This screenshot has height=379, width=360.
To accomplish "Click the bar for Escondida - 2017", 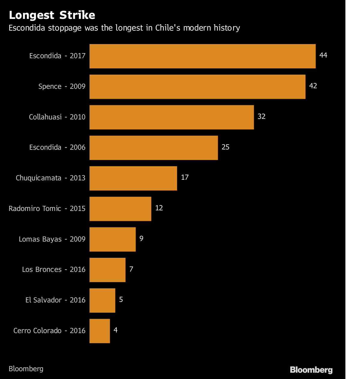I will [x=202, y=56].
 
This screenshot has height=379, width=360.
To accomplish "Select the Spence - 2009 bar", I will [x=197, y=87].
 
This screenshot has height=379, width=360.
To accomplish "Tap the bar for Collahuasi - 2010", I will [x=172, y=117].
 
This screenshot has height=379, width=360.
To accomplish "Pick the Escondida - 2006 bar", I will [x=154, y=148].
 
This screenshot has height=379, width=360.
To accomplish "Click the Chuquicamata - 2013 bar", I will [x=133, y=178].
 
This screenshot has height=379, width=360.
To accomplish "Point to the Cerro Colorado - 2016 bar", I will [x=100, y=331].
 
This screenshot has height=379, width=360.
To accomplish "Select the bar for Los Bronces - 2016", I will [x=107, y=270].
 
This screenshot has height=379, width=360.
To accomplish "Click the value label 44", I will [x=323, y=55].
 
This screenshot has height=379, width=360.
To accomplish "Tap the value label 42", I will [x=313, y=86].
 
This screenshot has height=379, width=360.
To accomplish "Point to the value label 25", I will [x=225, y=147].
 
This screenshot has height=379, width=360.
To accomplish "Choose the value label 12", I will [x=159, y=208].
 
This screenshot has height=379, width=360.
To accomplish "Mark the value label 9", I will [x=141, y=239].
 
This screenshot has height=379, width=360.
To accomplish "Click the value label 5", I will [x=121, y=299].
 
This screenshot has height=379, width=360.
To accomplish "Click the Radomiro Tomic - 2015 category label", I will [x=47, y=209].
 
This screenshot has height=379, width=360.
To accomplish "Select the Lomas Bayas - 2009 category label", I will [x=52, y=239].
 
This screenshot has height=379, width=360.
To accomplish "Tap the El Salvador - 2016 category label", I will [x=55, y=300].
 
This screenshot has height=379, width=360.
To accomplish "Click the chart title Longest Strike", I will [x=52, y=15].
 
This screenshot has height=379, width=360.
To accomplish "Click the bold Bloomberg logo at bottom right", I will [x=311, y=370].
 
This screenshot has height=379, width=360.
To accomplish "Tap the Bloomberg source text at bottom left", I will [x=26, y=369].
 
